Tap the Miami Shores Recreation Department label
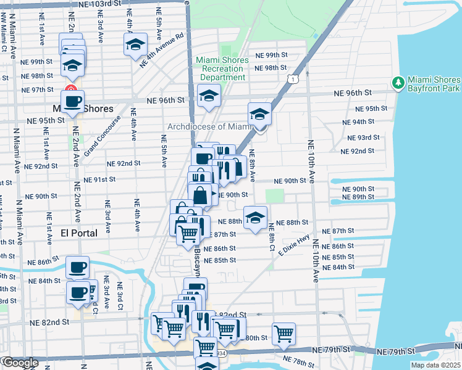[222, 68]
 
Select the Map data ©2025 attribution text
[435, 365]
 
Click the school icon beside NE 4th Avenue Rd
[135, 44]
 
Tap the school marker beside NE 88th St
[255, 216]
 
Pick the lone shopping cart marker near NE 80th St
[283, 333]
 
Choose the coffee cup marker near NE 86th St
[78, 267]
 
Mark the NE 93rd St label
[360, 138]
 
